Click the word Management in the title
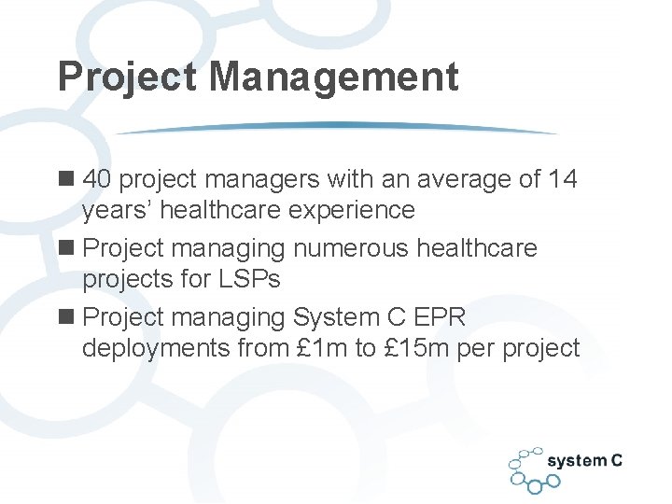click(x=334, y=77)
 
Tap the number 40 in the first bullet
click(x=98, y=178)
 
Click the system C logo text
click(x=584, y=461)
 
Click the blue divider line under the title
click(x=336, y=128)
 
